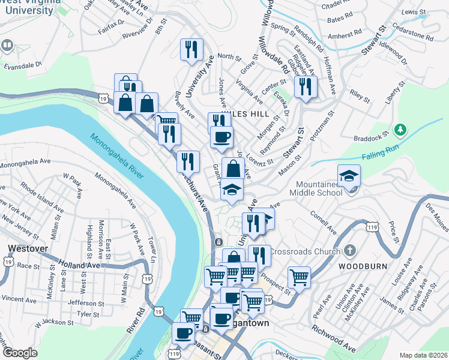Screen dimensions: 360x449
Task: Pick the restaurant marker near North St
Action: [191, 50]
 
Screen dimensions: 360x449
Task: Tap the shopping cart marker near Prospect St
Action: [299, 277]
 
